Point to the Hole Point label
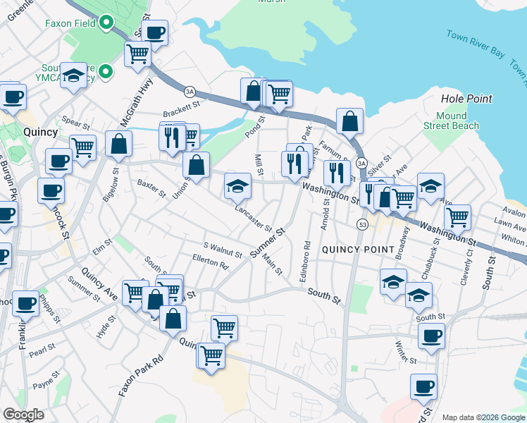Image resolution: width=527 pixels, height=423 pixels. [x=466, y=99]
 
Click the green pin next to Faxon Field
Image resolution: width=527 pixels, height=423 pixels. [x=106, y=23]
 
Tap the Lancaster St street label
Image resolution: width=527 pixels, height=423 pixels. [x=253, y=218]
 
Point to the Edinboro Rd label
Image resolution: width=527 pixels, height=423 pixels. [x=305, y=263]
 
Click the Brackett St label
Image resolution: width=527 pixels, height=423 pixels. [x=182, y=112]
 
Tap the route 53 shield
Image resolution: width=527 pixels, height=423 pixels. [x=362, y=224]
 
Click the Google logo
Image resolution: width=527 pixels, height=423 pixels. [x=24, y=415]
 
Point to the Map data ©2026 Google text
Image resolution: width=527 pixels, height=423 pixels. [x=483, y=417]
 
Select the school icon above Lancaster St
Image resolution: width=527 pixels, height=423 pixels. [x=238, y=186]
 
